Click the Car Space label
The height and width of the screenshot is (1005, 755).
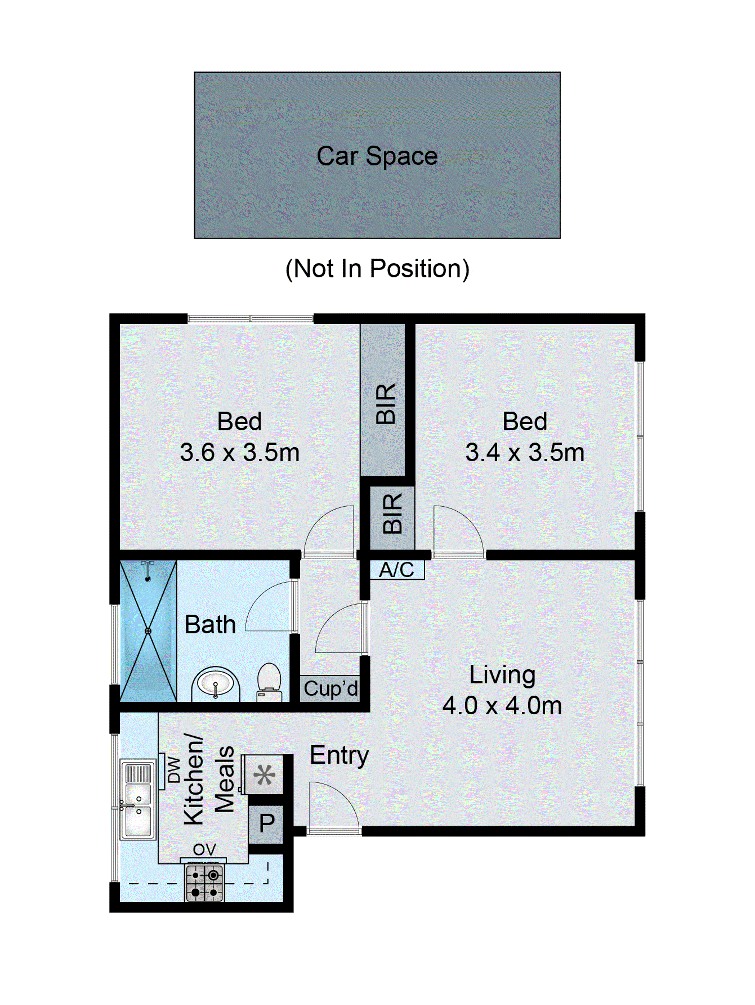pyautogui.click(x=377, y=156)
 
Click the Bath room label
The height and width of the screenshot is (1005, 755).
pyautogui.click(x=210, y=625)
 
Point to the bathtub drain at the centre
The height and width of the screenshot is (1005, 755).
pyautogui.click(x=148, y=631)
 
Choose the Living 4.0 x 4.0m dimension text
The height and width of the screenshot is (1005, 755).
pyautogui.click(x=502, y=706)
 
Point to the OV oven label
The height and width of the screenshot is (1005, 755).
pyautogui.click(x=204, y=849)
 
